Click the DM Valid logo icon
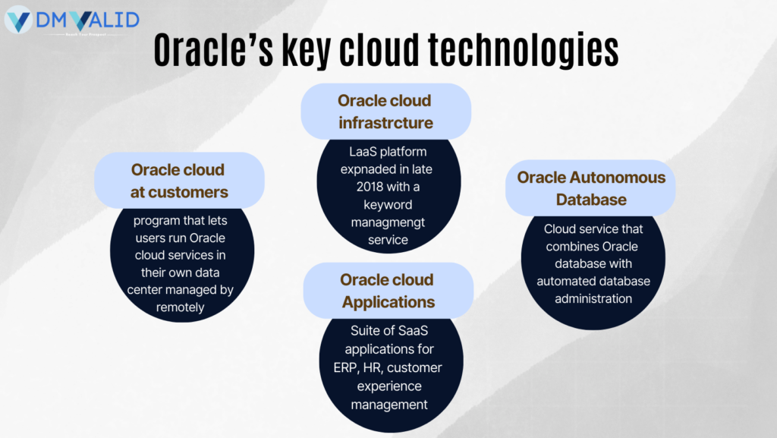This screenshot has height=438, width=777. click(19, 19)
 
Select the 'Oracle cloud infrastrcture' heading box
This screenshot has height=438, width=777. click(385, 112)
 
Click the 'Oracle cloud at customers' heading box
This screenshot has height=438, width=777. click(178, 181)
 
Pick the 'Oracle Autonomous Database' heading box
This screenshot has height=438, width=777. click(590, 188)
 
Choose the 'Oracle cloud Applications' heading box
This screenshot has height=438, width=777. click(388, 291)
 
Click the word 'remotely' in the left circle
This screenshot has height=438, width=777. click(180, 307)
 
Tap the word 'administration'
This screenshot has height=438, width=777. click(593, 298)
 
